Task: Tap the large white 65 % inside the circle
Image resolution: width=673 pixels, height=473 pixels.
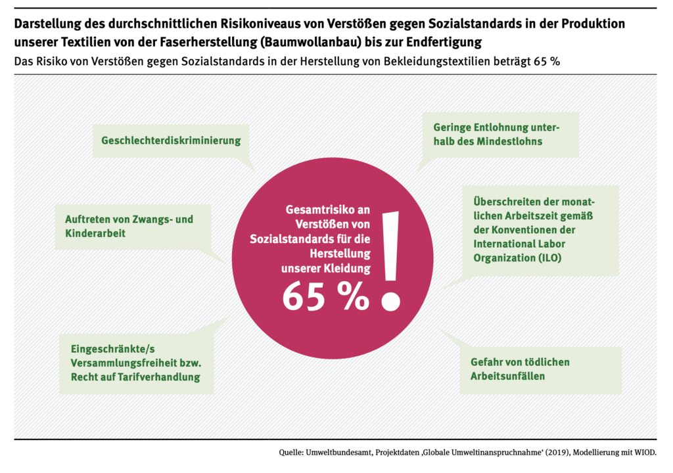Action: click(x=325, y=296)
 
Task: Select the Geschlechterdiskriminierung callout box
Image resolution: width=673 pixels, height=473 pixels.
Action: click(x=171, y=140)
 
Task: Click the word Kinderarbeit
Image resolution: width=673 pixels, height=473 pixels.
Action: click(x=97, y=233)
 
